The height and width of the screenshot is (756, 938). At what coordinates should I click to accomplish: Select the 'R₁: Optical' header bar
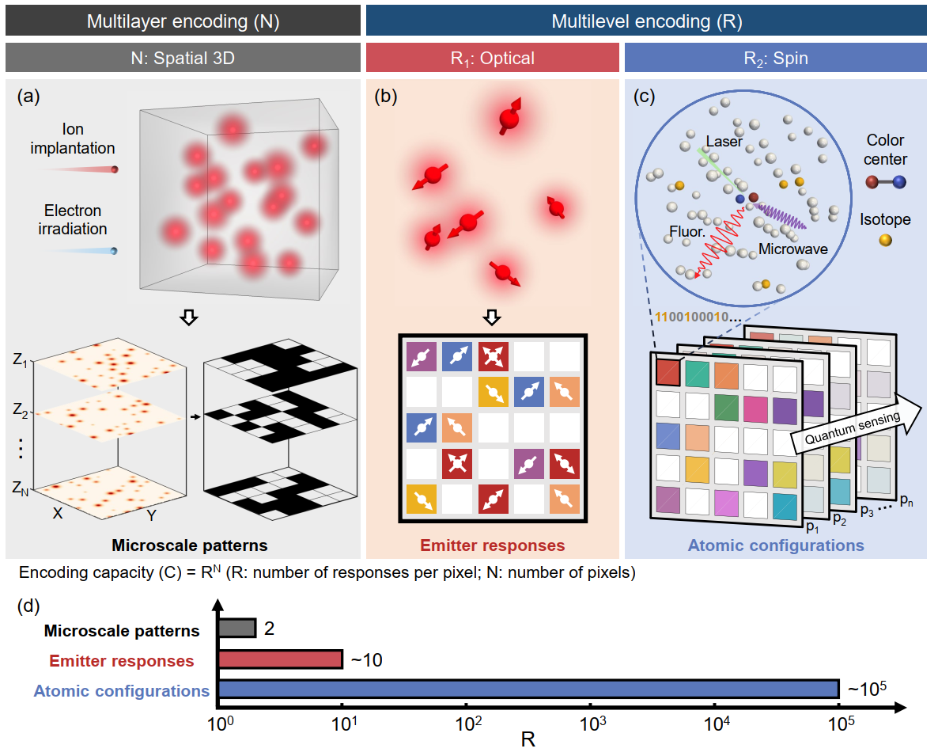pos(492,58)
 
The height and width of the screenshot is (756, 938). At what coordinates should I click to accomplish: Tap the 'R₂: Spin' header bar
pos(775,58)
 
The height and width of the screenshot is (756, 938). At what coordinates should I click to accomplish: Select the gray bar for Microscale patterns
pos(236,628)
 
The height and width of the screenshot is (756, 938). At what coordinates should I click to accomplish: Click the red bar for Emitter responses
pos(280,659)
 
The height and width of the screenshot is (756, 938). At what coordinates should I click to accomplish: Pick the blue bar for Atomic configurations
pos(528,689)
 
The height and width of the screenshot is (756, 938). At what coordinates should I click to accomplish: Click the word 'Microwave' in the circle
pos(792,249)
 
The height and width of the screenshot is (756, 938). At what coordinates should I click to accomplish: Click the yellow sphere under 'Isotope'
pos(885,239)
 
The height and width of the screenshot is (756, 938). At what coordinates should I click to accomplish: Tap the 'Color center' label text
pos(885,150)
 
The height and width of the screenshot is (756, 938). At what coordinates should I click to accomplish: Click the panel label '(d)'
pos(29,606)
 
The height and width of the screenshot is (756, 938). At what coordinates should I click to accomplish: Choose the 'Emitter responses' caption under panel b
pos(492,545)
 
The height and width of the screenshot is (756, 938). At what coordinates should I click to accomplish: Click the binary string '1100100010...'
pos(695,317)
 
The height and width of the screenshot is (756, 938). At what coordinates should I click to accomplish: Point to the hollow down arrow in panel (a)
pos(188,317)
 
